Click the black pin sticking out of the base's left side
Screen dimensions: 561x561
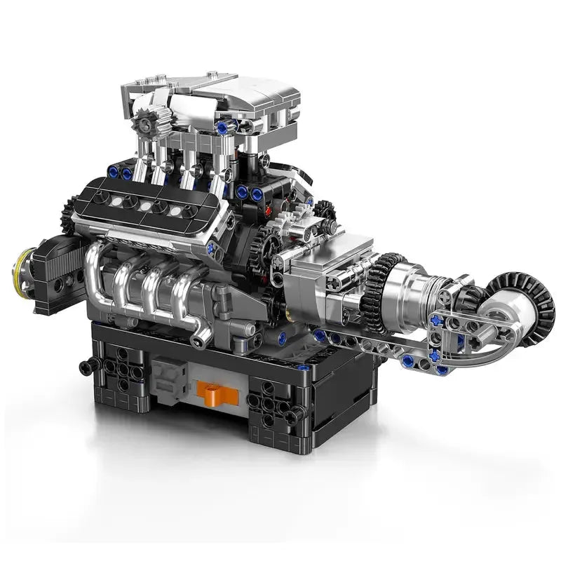(x=88, y=364)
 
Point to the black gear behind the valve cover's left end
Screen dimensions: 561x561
(x=68, y=214)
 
